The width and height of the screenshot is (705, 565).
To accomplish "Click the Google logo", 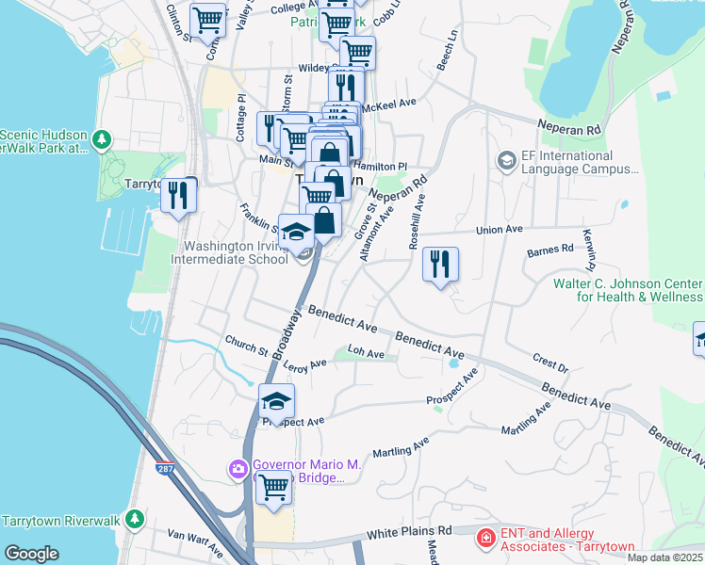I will (x=32, y=554).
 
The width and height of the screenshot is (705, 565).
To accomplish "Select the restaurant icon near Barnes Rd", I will (x=440, y=265).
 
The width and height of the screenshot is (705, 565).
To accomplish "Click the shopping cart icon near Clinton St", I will (x=207, y=20).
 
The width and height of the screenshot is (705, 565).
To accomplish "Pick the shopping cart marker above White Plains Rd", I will (x=274, y=488).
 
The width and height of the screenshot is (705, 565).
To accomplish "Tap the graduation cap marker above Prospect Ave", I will (x=277, y=401).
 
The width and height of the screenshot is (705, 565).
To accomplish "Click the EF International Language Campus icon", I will (x=507, y=162).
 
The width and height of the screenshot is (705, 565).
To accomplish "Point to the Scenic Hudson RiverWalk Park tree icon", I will (x=102, y=140).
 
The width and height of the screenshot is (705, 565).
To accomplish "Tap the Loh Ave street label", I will (x=367, y=354).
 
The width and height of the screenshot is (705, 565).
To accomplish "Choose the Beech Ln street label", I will (x=446, y=56).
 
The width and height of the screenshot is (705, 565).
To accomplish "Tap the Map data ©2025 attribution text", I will (x=664, y=557).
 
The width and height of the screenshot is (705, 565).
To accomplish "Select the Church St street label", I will (x=246, y=345).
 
